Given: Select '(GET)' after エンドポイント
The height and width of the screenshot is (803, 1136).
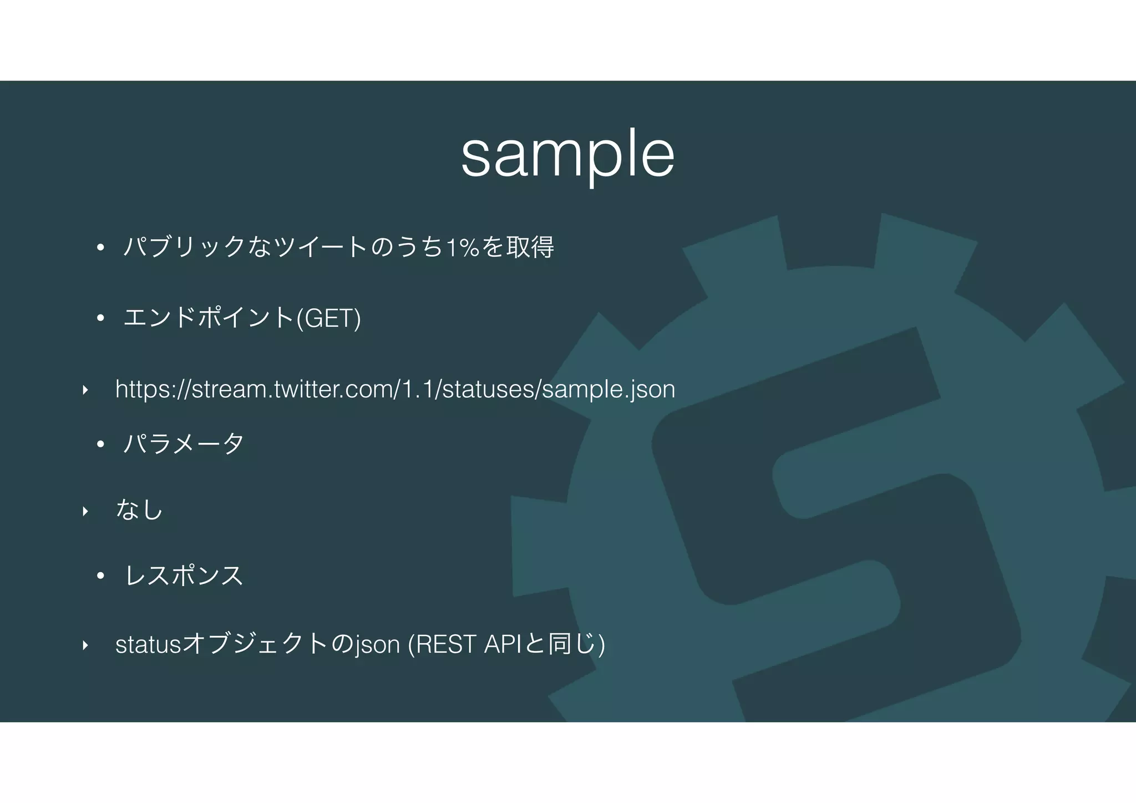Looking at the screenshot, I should (328, 319).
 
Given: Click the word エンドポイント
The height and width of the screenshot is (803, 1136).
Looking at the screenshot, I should (209, 319).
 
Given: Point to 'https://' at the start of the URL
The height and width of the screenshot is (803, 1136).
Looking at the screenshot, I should (153, 390).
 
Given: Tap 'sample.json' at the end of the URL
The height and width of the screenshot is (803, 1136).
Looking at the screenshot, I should (608, 390).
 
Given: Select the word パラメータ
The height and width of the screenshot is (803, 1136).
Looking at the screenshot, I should (184, 444).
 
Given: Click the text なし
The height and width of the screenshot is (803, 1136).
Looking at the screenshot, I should (139, 509).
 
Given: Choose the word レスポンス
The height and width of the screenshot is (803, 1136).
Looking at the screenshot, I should (184, 575).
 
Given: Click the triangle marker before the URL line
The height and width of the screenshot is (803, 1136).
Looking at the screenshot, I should (85, 390).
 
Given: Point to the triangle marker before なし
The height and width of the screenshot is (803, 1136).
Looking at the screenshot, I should (85, 511).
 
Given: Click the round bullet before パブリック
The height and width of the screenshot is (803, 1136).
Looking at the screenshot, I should (100, 248).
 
